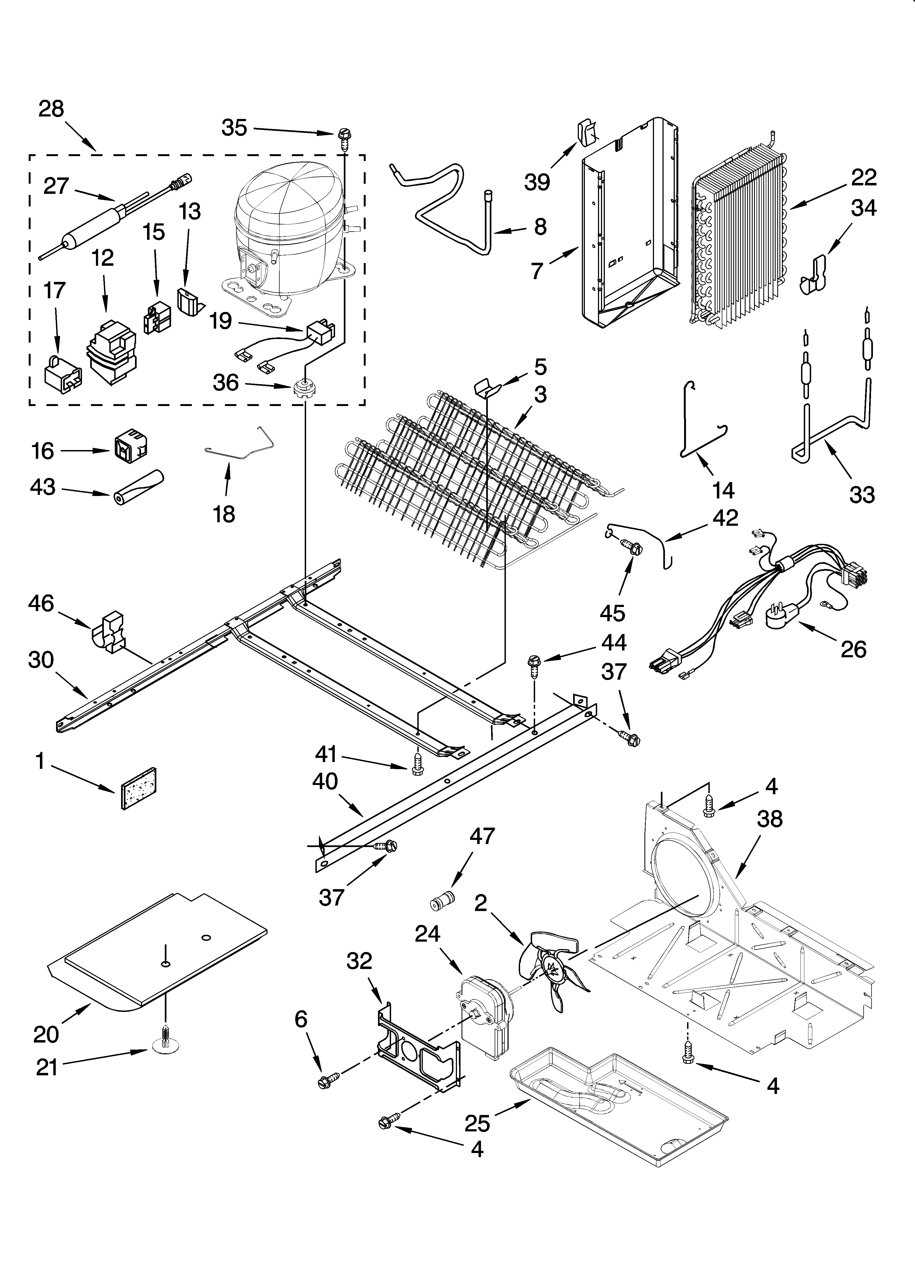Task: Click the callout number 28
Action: pos(51,109)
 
